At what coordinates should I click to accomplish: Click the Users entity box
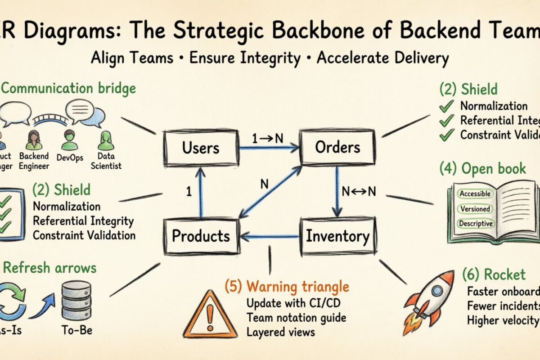pos(201,147)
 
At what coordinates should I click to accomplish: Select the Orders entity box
pos(337,147)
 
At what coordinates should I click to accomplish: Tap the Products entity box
pos(201,236)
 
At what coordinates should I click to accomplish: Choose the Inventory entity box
pos(337,236)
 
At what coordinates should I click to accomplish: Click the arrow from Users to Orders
pos(269,147)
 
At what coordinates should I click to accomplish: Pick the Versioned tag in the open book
pos(475,209)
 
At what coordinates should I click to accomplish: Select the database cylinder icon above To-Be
pos(76,301)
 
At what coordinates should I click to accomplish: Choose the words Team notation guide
pos(296,318)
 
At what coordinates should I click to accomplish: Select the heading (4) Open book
pos(482,169)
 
